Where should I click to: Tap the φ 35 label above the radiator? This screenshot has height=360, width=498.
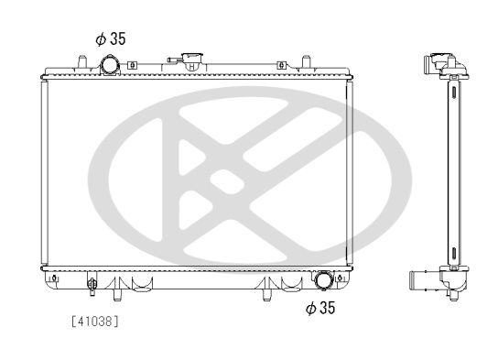coord(111,39)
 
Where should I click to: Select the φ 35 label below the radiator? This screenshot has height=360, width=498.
coord(319,309)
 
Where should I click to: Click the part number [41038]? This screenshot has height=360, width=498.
coord(94,321)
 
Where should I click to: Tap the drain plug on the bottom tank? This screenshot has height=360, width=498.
coord(92,284)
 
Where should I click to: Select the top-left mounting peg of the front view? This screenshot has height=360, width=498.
coord(81,61)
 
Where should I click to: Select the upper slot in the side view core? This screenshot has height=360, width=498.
coord(452,91)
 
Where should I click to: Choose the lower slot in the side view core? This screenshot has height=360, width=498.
coord(452,249)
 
